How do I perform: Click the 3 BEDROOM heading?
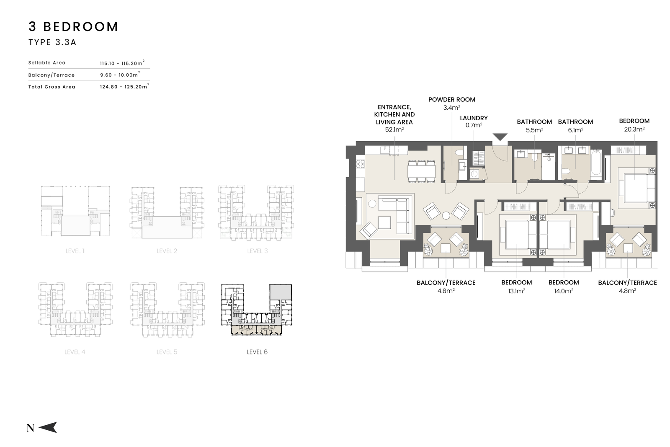(x=73, y=27)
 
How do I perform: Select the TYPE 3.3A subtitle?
(x=52, y=42)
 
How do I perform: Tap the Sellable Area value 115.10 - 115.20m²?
(x=122, y=63)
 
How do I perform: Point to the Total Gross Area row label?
(x=52, y=87)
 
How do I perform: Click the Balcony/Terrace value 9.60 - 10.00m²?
(x=120, y=75)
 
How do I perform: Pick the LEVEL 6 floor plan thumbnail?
(x=257, y=310)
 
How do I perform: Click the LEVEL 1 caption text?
(x=75, y=251)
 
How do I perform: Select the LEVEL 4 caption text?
(x=75, y=352)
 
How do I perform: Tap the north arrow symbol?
(x=48, y=427)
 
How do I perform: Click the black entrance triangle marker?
(x=500, y=137)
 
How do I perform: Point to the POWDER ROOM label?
(x=452, y=100)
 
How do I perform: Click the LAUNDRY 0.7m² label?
(x=474, y=121)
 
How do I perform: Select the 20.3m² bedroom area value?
(x=634, y=129)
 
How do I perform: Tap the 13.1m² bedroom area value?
(x=517, y=291)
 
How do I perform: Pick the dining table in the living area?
(x=422, y=171)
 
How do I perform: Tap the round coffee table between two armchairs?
(x=446, y=216)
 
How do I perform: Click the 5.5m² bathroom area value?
(x=534, y=130)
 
